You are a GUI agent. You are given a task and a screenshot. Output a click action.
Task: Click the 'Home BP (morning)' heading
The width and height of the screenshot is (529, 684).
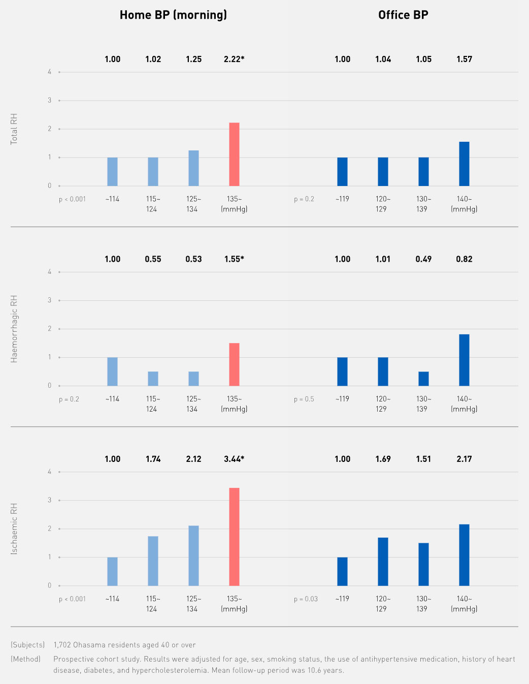(x=173, y=15)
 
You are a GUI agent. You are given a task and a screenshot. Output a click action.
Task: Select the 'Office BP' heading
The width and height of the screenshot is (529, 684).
(x=403, y=15)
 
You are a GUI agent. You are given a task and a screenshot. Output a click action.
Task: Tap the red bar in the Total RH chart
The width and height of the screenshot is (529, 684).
(x=234, y=154)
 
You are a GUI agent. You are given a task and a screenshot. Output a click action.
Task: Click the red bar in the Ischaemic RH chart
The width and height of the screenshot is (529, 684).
(x=234, y=537)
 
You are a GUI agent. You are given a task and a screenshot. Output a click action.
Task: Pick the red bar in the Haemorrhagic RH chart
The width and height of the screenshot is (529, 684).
(x=234, y=364)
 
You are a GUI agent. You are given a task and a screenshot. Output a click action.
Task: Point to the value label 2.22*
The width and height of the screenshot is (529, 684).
(x=234, y=59)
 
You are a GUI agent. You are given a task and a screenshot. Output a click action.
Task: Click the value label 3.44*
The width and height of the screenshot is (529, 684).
(x=234, y=459)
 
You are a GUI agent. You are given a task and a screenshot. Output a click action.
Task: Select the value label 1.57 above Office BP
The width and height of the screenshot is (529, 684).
(x=464, y=59)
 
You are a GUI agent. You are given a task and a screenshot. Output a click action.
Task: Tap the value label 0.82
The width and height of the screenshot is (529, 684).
(x=464, y=259)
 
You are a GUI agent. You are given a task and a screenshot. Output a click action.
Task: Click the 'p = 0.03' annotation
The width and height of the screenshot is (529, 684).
(x=306, y=599)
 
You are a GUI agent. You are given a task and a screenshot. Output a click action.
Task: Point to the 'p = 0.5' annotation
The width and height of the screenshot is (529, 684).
(x=304, y=399)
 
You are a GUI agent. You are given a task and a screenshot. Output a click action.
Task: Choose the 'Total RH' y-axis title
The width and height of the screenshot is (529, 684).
(x=14, y=129)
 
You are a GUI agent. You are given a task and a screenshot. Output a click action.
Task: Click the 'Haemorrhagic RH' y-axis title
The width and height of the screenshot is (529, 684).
(x=14, y=329)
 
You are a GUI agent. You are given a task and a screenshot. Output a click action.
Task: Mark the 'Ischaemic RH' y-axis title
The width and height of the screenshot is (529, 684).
(x=14, y=528)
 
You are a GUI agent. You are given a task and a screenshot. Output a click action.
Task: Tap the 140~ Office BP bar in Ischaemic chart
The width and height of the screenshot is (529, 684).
(x=464, y=555)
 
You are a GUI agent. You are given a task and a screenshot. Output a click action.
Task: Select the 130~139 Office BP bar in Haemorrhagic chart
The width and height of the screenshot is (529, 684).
(x=423, y=379)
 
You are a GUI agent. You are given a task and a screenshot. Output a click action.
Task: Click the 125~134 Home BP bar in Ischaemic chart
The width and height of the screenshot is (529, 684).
(x=193, y=555)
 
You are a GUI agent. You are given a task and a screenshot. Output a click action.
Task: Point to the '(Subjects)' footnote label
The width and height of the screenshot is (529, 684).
(x=28, y=645)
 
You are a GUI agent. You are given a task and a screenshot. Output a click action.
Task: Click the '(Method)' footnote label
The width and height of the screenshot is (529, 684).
(x=26, y=659)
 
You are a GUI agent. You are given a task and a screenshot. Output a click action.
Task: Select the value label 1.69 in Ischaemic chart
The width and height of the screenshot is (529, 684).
(x=383, y=459)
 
